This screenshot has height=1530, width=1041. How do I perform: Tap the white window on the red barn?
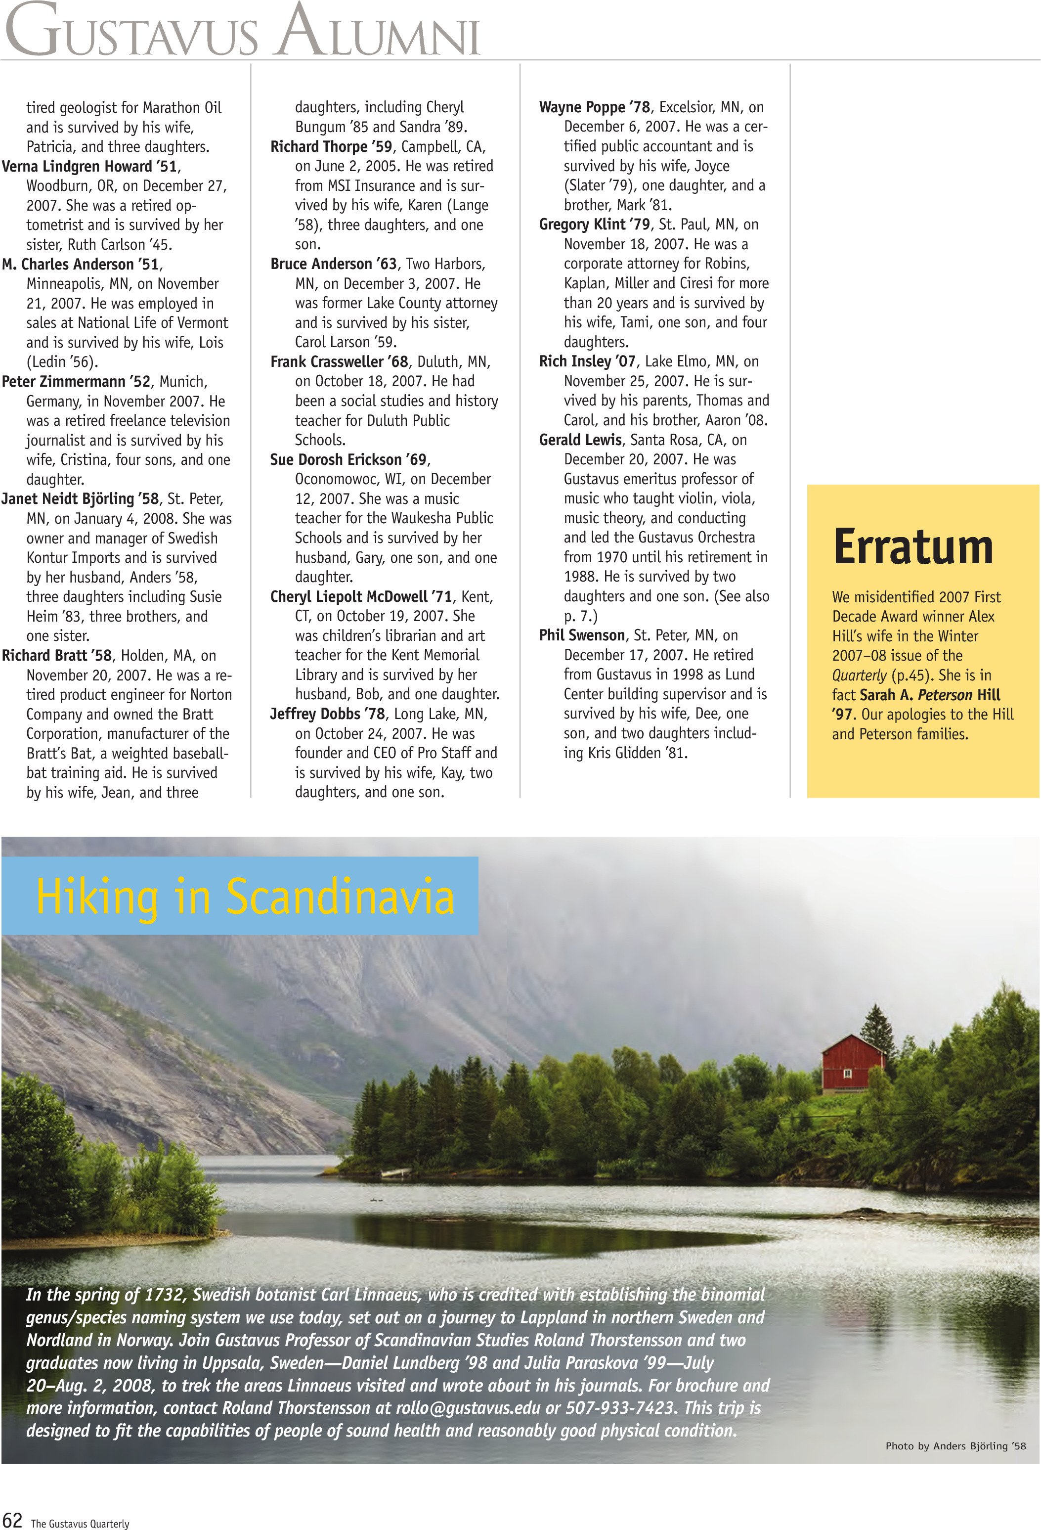pyautogui.click(x=848, y=1074)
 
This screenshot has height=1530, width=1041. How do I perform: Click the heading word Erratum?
pyautogui.click(x=912, y=547)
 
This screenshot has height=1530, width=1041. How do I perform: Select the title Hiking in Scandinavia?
pyautogui.click(x=245, y=897)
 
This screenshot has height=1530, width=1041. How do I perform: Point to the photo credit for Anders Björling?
pyautogui.click(x=955, y=1446)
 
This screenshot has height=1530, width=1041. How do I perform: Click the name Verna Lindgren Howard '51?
pyautogui.click(x=90, y=167)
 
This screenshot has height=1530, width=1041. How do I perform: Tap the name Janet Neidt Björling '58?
pyautogui.click(x=80, y=499)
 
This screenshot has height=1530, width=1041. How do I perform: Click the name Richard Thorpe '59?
pyautogui.click(x=332, y=147)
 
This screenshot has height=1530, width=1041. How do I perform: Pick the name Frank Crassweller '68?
pyautogui.click(x=340, y=362)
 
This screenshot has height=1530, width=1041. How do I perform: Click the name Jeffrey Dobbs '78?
pyautogui.click(x=328, y=714)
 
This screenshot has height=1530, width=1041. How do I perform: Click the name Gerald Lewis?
pyautogui.click(x=580, y=440)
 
